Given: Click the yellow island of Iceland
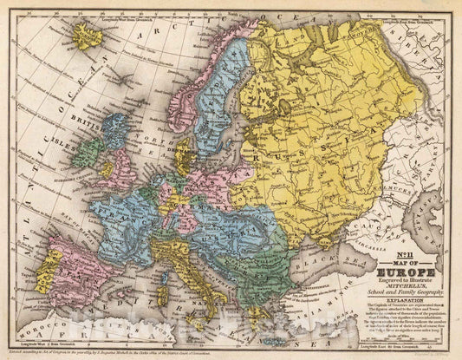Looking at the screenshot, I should click(x=88, y=36).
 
